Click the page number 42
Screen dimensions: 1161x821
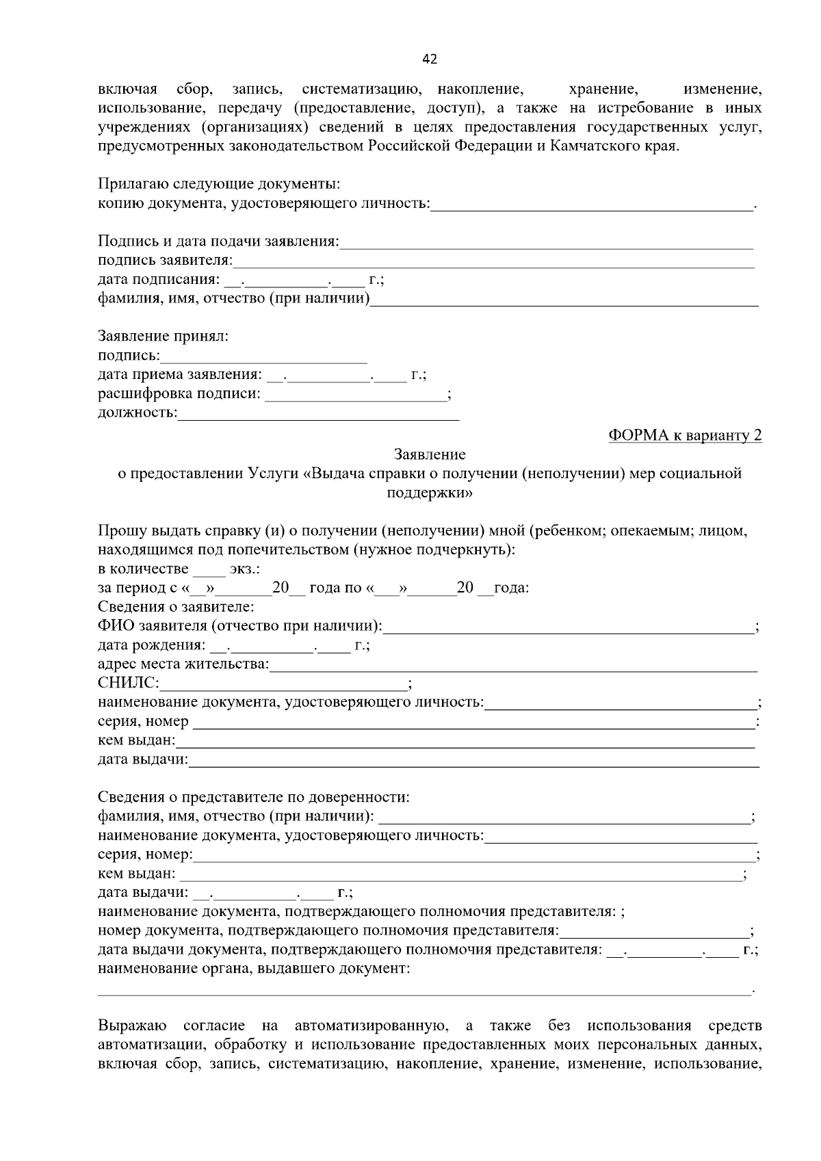click(x=430, y=59)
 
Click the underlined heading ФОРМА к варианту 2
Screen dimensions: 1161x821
click(x=684, y=436)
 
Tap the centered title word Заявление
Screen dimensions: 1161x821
click(x=430, y=455)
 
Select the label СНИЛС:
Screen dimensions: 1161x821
click(x=129, y=683)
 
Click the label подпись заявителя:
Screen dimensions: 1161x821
click(x=165, y=261)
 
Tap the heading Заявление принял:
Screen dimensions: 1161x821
click(x=163, y=337)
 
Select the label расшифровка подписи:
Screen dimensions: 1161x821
click(x=179, y=394)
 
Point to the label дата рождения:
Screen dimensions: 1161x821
click(x=151, y=645)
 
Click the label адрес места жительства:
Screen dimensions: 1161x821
click(x=183, y=664)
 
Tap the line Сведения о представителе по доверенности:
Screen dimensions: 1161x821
click(x=253, y=797)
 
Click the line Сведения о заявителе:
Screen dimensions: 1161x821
click(x=176, y=607)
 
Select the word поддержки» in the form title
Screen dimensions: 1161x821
click(x=430, y=493)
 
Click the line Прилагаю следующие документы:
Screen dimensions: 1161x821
click(x=219, y=184)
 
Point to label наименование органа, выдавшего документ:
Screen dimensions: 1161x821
click(x=254, y=969)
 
